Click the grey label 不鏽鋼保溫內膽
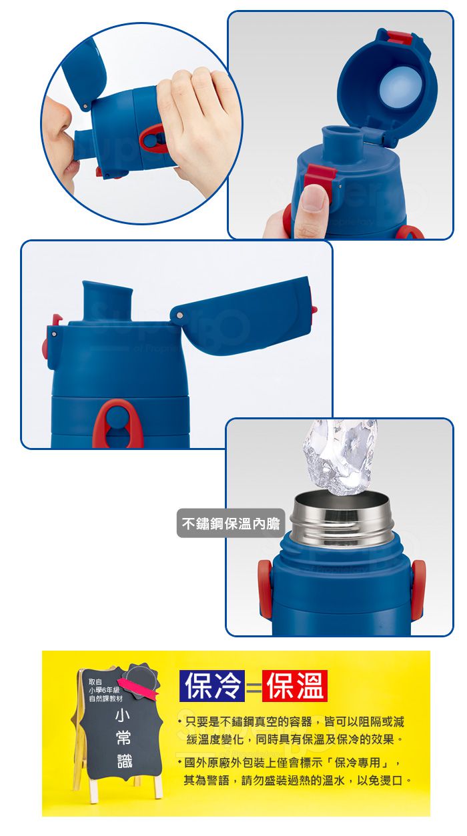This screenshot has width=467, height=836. pyautogui.click(x=230, y=523)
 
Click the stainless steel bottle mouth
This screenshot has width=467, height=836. pyautogui.click(x=342, y=519)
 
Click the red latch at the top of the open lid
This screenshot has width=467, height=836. pyautogui.click(x=400, y=38)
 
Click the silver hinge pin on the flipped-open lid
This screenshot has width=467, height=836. pyautogui.click(x=179, y=315)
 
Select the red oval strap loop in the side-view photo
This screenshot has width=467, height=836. pyautogui.click(x=117, y=423)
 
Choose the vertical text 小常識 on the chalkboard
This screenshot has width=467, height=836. pyautogui.click(x=123, y=739)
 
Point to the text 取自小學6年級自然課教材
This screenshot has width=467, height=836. pyautogui.click(x=105, y=690)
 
